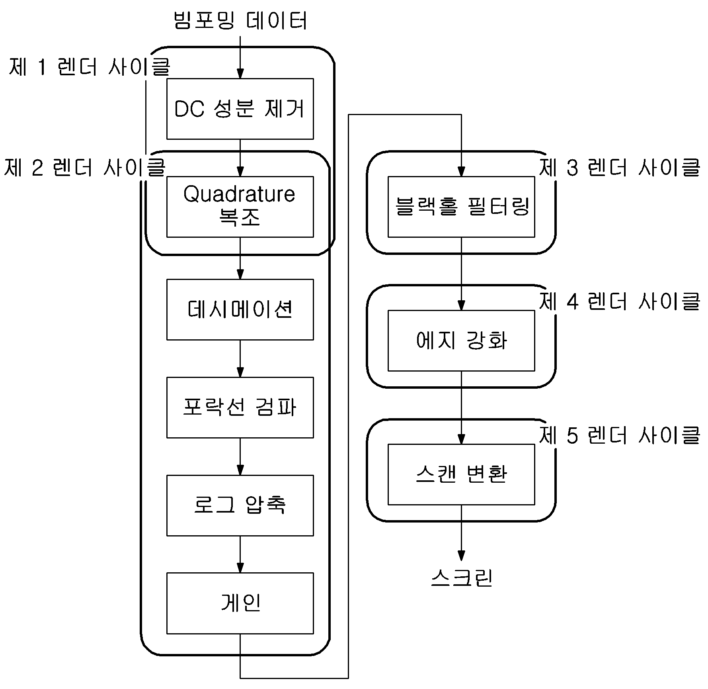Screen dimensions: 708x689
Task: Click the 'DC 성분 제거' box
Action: tap(240, 109)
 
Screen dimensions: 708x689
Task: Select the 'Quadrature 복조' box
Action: tap(240, 207)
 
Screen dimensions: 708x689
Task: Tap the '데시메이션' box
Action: tap(240, 309)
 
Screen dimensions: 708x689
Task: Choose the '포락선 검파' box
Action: tap(240, 407)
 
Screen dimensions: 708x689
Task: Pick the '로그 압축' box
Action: tap(240, 505)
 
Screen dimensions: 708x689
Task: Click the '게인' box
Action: tap(240, 603)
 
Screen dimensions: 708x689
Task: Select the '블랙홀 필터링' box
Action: tap(461, 207)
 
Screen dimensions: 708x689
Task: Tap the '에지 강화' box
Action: tap(461, 341)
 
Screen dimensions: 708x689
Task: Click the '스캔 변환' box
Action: tap(461, 474)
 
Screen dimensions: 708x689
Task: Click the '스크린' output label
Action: tap(462, 578)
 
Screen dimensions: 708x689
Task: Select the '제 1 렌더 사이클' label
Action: tap(90, 66)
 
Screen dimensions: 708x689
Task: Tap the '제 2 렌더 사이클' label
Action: tap(85, 167)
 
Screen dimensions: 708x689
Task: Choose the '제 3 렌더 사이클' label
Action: tap(620, 167)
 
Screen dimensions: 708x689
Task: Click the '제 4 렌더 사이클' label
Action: tap(620, 301)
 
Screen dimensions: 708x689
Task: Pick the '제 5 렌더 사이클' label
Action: tap(620, 435)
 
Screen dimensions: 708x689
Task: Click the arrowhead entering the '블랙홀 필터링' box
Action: tap(461, 171)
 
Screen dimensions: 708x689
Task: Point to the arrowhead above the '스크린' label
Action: tap(461, 556)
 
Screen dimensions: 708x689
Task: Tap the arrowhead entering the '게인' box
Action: tap(240, 568)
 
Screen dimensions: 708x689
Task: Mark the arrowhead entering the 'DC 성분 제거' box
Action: tap(240, 73)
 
